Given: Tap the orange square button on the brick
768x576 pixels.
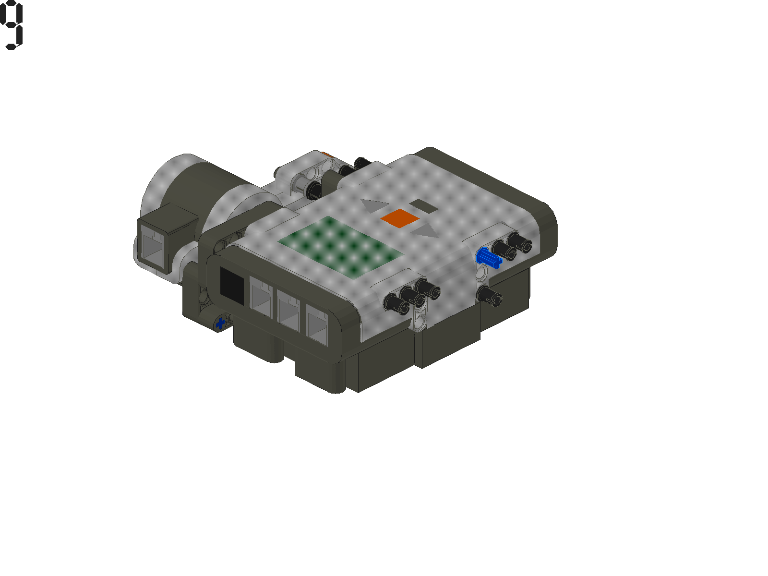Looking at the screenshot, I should coord(400,218).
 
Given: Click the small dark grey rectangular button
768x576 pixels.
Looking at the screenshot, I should coord(423,206).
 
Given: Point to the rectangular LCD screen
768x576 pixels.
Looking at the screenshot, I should coord(341,247).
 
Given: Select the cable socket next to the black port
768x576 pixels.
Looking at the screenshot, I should coord(261,298).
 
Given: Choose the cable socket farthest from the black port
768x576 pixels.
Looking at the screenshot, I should coord(317,324).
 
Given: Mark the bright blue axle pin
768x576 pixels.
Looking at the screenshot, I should coord(489,258).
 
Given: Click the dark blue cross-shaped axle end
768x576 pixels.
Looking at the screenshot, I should coord(221,323).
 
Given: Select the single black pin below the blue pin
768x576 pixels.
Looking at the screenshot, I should coord(490,295).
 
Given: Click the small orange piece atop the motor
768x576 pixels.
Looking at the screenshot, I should coord(326,155).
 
